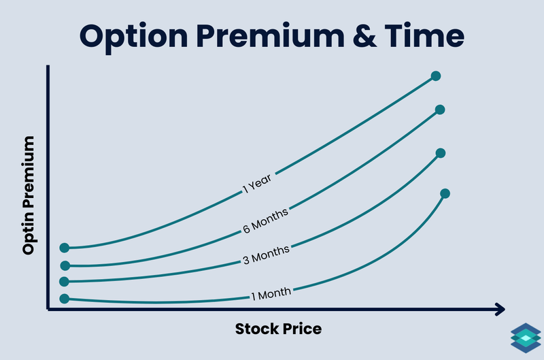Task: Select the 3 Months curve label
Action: [x=267, y=255]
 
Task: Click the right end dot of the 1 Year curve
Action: [x=436, y=76]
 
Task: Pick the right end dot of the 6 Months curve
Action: [x=439, y=110]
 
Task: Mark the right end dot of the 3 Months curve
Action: [x=440, y=153]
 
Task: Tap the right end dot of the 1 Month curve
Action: [x=445, y=193]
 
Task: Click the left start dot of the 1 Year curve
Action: [x=65, y=248]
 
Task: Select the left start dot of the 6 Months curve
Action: [x=65, y=265]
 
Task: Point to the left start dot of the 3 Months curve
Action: [x=65, y=281]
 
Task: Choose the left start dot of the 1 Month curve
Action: [x=65, y=298]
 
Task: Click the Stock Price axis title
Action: [x=278, y=329]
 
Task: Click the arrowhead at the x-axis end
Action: [x=500, y=310]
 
